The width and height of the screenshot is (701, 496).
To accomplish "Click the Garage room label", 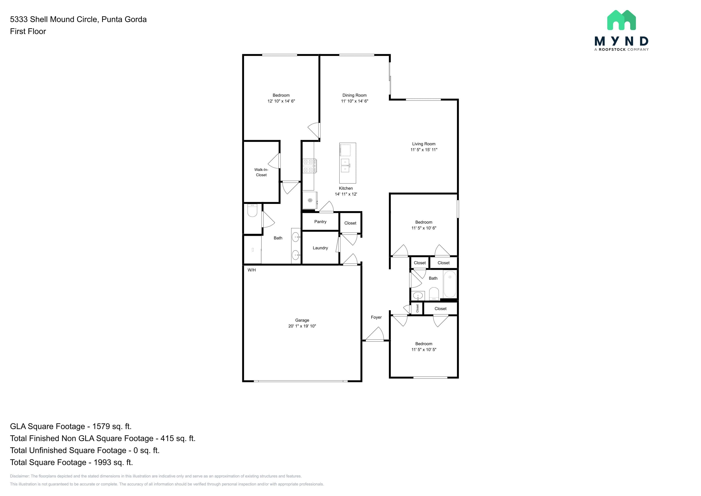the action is click(302, 320).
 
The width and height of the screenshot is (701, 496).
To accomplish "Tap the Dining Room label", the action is click(354, 95).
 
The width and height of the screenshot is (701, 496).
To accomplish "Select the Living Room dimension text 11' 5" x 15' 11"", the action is click(424, 150).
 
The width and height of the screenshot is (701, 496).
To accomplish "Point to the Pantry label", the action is click(320, 222).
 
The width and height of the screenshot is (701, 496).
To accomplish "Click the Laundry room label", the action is click(320, 248).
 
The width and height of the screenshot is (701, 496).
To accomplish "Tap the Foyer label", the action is click(376, 317).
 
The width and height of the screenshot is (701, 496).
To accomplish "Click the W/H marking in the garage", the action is click(252, 270).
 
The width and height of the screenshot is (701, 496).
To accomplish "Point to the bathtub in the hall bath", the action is click(450, 284).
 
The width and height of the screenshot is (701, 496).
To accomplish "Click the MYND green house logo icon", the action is click(621, 20).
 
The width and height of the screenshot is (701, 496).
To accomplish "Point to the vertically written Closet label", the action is click(417, 308).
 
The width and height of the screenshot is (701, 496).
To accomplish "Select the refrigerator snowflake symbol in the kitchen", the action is click(310, 200).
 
